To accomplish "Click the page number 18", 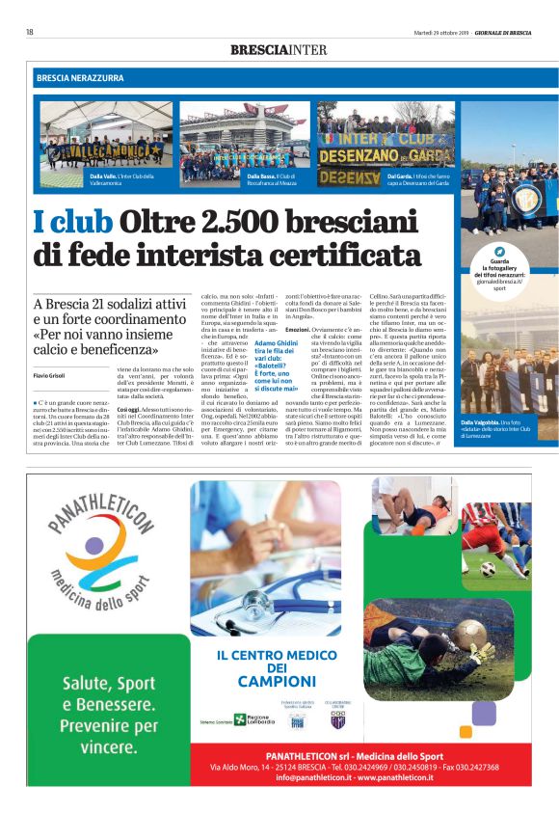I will tap(30, 32).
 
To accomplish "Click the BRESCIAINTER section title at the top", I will tap(279, 49).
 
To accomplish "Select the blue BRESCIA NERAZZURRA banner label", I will tap(80, 77).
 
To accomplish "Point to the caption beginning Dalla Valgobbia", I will tap(495, 428).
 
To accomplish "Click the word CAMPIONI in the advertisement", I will tap(278, 683).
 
